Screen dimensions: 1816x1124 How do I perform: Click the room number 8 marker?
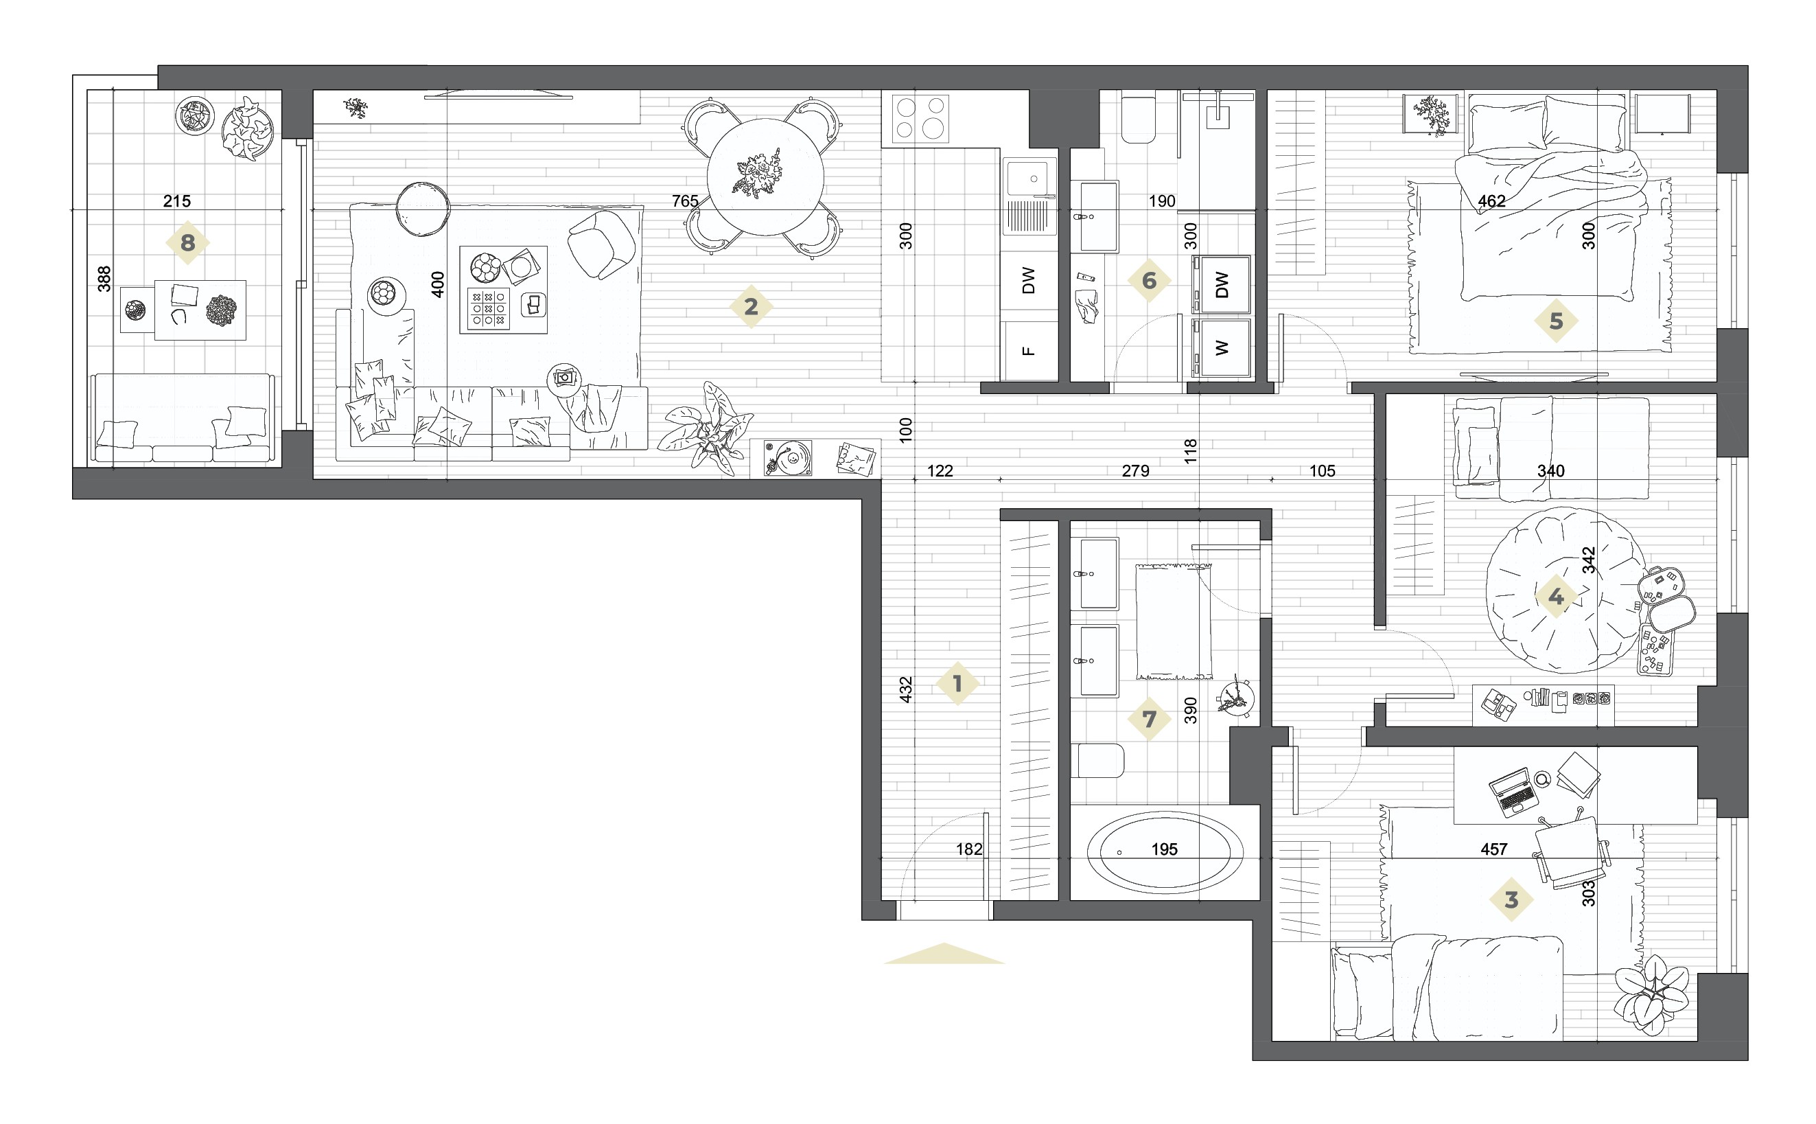[187, 242]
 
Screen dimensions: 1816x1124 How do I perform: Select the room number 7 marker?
[1149, 719]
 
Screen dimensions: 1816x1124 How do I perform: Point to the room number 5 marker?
[1555, 321]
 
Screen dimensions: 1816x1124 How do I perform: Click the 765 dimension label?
[684, 200]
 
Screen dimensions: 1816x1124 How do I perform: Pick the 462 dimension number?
[1491, 200]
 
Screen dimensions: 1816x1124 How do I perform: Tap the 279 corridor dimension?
[1134, 470]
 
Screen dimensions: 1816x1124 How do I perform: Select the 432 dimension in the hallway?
[905, 689]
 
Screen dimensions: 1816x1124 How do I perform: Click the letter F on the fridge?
[1028, 351]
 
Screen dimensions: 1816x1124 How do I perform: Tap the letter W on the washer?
[1222, 347]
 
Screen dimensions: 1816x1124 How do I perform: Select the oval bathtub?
[1165, 852]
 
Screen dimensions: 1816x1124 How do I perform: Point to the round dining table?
[765, 177]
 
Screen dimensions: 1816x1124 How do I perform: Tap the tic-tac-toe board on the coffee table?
[488, 308]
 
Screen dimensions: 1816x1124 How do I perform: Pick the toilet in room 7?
[1097, 759]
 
